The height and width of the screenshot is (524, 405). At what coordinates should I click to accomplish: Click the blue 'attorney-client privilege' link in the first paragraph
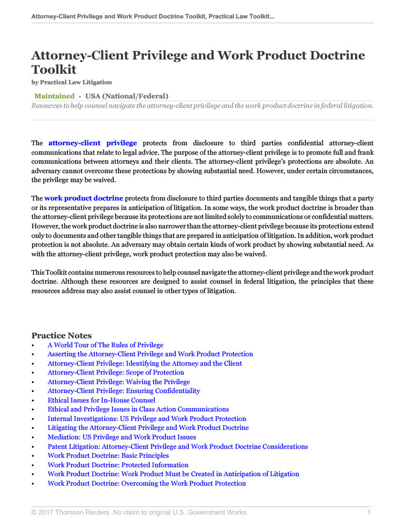(x=93, y=143)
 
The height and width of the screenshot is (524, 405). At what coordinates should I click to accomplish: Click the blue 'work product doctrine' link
(x=84, y=198)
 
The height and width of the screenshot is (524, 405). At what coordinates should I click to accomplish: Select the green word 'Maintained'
(x=54, y=96)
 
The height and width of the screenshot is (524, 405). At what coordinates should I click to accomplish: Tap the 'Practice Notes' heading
(x=62, y=336)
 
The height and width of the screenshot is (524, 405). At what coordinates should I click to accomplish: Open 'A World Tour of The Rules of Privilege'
(x=105, y=345)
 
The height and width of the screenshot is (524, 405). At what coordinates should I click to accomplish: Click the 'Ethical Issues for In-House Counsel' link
(x=101, y=400)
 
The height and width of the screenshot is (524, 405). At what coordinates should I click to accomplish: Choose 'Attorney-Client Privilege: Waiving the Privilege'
(x=118, y=382)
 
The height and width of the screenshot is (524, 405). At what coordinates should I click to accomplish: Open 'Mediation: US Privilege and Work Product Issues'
(x=121, y=437)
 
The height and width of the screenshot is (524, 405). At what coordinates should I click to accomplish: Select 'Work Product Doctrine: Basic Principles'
(x=108, y=456)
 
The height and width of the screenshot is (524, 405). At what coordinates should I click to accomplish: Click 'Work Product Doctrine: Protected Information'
(x=118, y=465)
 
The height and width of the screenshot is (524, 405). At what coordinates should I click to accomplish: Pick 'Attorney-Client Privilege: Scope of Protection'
(x=116, y=372)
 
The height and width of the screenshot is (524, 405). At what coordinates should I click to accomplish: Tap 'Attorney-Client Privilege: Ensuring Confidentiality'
(x=124, y=391)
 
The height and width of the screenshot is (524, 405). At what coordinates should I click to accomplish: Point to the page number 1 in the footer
(x=369, y=512)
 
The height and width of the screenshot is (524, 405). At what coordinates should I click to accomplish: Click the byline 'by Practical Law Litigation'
(x=72, y=83)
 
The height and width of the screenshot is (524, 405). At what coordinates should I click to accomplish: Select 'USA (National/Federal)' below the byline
(x=127, y=96)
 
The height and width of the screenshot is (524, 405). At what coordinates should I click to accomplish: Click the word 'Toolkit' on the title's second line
(x=54, y=69)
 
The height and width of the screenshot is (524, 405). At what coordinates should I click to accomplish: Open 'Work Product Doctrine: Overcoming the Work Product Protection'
(x=147, y=483)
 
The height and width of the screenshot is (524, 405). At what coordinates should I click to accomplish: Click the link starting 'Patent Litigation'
(x=177, y=447)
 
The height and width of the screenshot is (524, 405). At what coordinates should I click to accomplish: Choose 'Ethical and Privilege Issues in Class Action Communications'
(x=138, y=409)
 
